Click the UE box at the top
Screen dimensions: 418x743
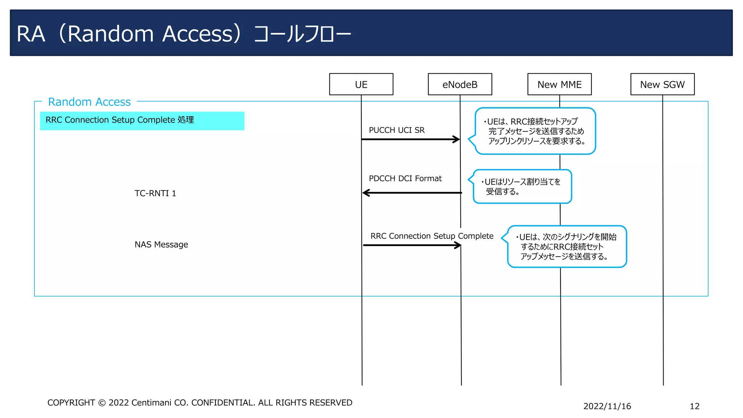[361, 84]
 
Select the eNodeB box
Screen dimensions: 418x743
[460, 84]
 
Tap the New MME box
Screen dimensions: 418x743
[559, 84]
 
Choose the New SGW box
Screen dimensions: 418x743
[662, 84]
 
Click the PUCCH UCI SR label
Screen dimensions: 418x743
[397, 130]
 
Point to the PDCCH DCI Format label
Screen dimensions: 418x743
[405, 179]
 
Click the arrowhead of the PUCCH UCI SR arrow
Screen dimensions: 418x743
[457, 139]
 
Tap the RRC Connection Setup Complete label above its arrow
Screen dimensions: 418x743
[432, 236]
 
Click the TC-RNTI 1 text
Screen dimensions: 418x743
[155, 193]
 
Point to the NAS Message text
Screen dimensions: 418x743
[161, 245]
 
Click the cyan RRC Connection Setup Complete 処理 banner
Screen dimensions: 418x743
[142, 120]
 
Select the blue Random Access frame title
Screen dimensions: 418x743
[89, 102]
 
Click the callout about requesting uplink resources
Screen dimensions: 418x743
[535, 131]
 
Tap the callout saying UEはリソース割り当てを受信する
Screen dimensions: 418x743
[522, 187]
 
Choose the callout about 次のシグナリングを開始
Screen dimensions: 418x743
[567, 247]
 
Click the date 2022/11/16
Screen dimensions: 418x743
[607, 406]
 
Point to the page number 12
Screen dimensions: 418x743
[694, 406]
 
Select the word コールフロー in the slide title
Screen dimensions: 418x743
[302, 34]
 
